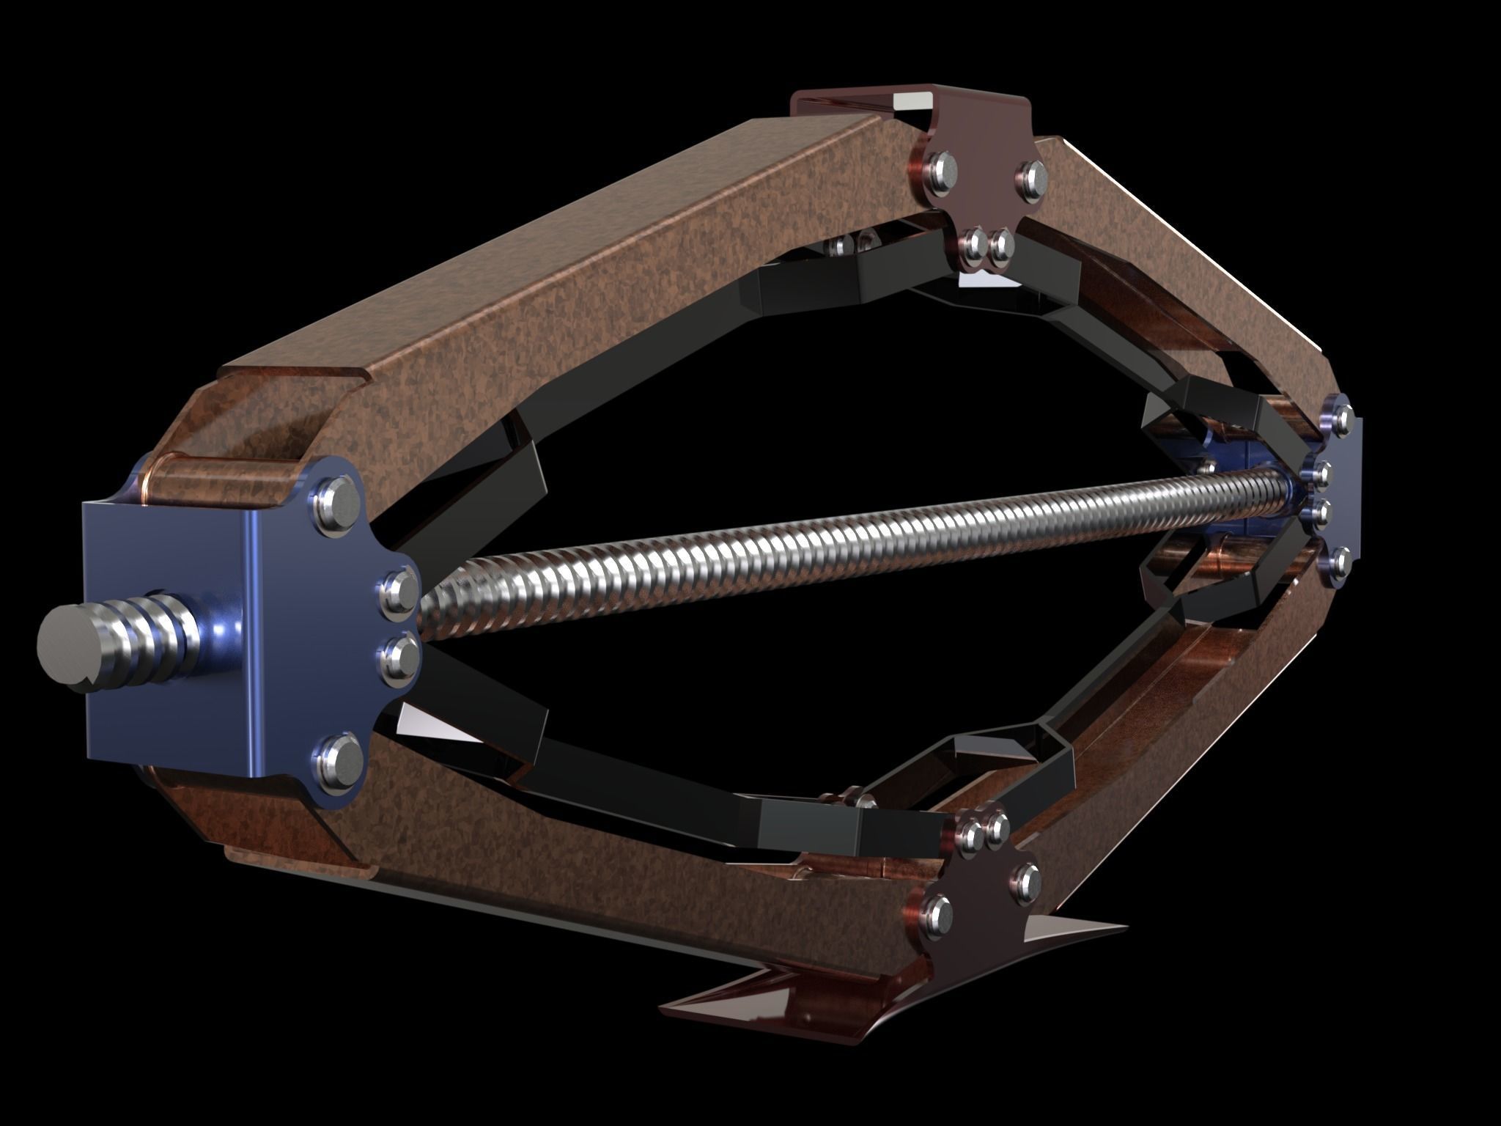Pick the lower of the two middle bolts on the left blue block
click(x=399, y=656)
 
